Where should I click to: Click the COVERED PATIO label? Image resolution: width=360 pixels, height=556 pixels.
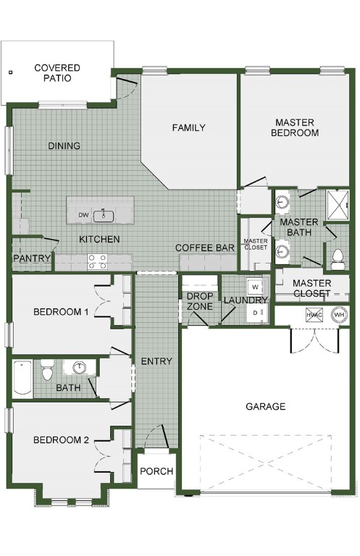(56, 73)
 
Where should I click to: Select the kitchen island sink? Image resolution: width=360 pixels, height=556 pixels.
(104, 214)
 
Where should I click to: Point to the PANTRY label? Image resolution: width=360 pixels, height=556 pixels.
(32, 258)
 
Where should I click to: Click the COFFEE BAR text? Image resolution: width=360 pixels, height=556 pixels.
(205, 248)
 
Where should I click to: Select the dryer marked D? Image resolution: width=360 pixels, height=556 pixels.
(254, 311)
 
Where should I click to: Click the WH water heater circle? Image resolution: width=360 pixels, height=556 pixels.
(338, 316)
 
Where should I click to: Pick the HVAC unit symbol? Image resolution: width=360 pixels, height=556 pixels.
(314, 316)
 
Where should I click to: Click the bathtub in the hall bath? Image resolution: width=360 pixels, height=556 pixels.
(22, 379)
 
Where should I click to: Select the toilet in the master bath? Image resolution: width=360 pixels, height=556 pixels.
(338, 256)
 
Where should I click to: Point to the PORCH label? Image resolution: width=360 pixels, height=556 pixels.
(156, 471)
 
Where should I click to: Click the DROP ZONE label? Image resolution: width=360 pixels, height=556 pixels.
(199, 301)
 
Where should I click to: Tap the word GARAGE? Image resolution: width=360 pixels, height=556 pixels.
(265, 407)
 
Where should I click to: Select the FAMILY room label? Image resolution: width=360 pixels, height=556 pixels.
(188, 128)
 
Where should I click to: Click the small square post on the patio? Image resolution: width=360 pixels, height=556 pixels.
(11, 72)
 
